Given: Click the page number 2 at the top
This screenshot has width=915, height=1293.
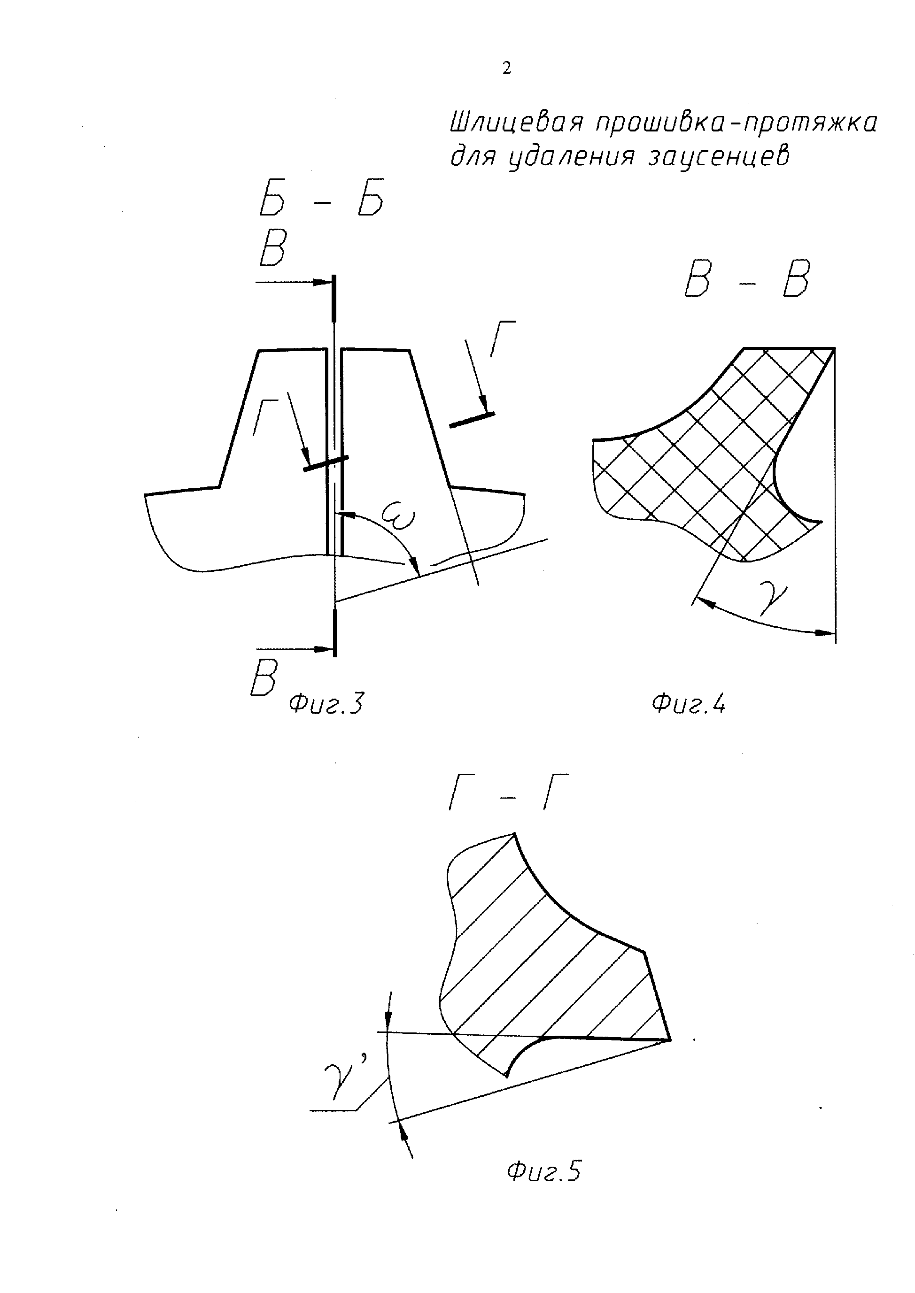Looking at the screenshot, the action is [x=506, y=69].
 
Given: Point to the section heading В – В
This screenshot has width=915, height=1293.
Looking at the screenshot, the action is [x=746, y=280].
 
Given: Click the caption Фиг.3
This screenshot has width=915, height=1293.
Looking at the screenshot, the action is [x=325, y=704].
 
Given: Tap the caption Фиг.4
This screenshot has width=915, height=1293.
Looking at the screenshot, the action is [x=689, y=704].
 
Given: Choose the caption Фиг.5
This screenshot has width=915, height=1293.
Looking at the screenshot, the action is [x=543, y=1172].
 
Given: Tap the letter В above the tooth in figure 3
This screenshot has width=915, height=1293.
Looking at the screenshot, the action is [x=273, y=248].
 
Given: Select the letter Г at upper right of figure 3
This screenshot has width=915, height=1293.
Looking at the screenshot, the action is [x=502, y=339].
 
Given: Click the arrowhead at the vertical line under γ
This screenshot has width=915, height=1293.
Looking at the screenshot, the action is [x=828, y=633].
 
